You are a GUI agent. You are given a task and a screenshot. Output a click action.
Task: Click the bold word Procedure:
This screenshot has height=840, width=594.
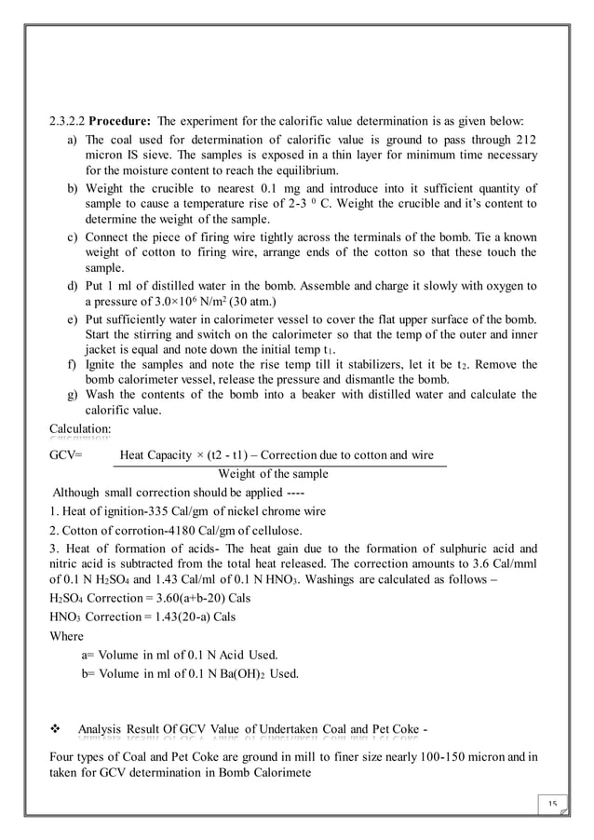119,122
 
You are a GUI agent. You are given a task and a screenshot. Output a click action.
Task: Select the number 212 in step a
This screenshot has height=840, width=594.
527,140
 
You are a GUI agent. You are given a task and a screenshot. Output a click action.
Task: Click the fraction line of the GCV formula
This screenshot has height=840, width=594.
278,465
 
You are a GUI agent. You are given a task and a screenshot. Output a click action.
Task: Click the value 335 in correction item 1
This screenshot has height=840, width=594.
146,511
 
